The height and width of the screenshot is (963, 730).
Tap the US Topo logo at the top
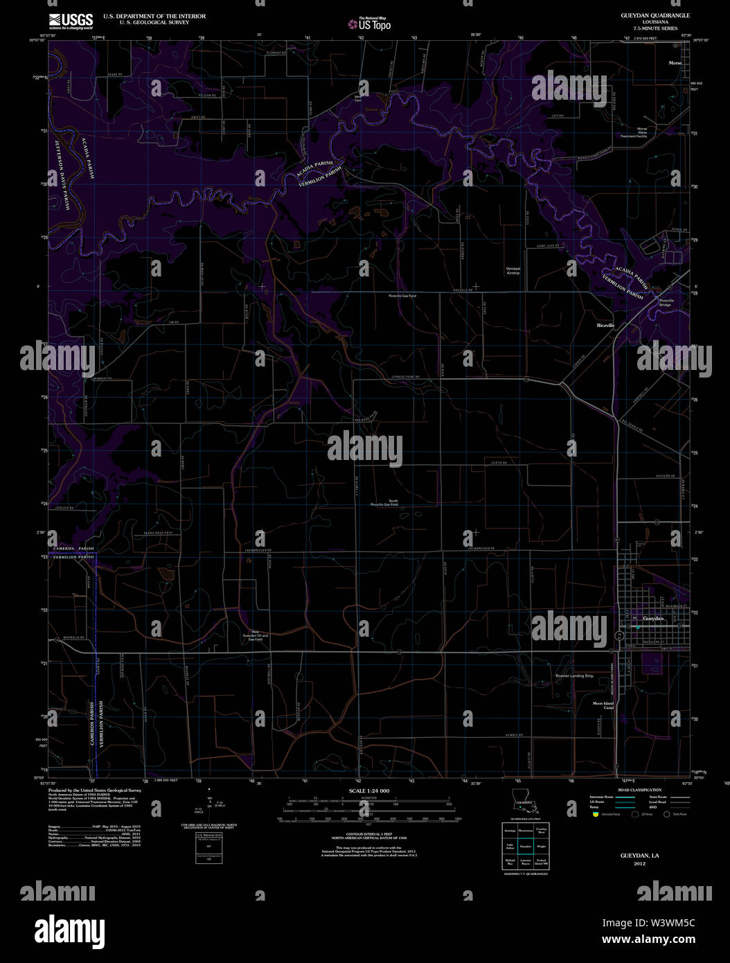tap(371, 25)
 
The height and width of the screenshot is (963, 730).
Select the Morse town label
tap(675, 63)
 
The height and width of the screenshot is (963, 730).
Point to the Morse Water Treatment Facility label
tap(633, 132)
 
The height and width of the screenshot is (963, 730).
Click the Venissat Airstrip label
tap(513, 270)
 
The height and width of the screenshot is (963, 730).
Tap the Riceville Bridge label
tap(665, 302)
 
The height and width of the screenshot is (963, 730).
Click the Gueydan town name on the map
tap(653, 618)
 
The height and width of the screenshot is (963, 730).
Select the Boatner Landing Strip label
tap(575, 675)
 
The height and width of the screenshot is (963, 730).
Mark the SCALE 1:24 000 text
tap(368, 790)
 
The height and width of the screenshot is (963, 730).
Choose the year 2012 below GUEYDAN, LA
tap(639, 864)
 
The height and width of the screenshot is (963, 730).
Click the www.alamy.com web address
tap(648, 940)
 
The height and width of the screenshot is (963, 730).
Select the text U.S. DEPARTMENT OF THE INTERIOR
tap(154, 16)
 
